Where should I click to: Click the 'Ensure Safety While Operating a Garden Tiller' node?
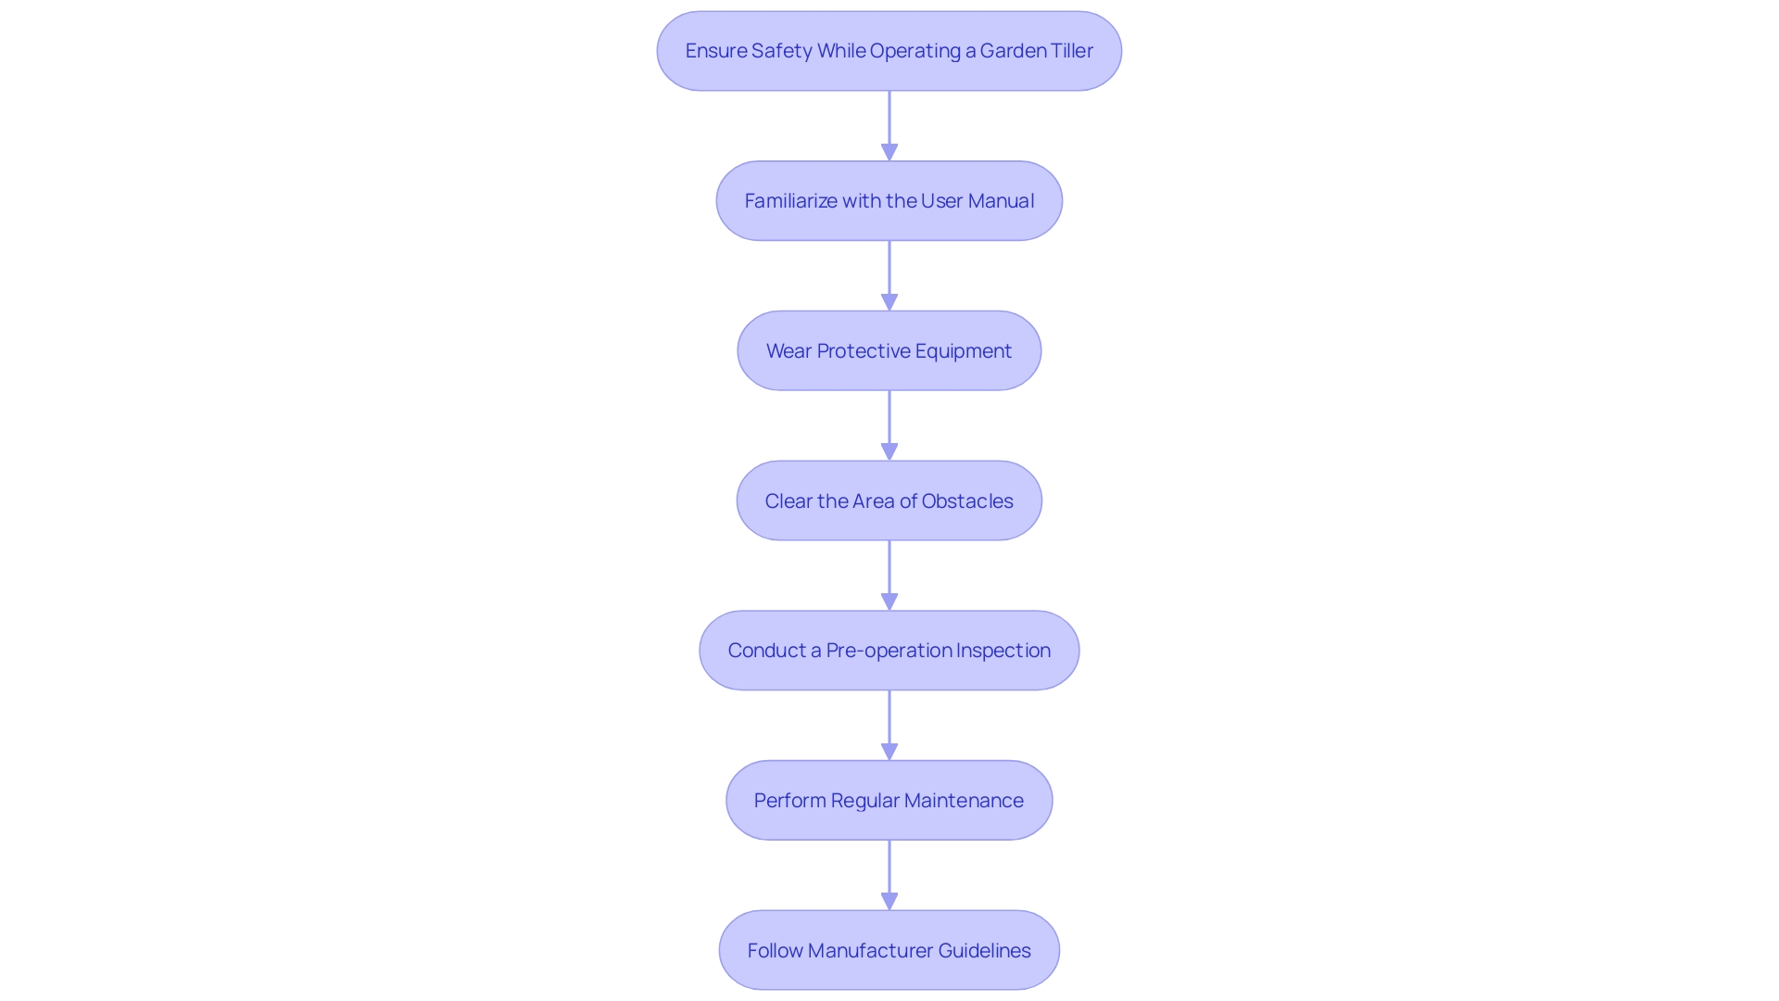pyautogui.click(x=889, y=51)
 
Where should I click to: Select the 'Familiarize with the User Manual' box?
pyautogui.click(x=889, y=201)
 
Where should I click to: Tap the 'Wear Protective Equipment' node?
pyautogui.click(x=889, y=350)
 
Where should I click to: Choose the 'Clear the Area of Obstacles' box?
pyautogui.click(x=889, y=500)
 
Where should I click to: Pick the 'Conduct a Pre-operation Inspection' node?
pyautogui.click(x=889, y=651)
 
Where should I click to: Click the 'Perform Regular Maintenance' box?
pyautogui.click(x=889, y=801)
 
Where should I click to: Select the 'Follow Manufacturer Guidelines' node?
pyautogui.click(x=889, y=950)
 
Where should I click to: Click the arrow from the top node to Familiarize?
pyautogui.click(x=889, y=125)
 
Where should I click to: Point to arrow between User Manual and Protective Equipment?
pyautogui.click(x=889, y=275)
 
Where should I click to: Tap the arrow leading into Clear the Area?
pyautogui.click(x=889, y=425)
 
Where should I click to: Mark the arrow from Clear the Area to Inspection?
pyautogui.click(x=889, y=575)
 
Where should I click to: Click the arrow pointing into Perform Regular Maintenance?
pyautogui.click(x=889, y=725)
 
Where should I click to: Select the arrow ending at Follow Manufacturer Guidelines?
pyautogui.click(x=889, y=875)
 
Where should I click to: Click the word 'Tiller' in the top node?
pyautogui.click(x=1069, y=51)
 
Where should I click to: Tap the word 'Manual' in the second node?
pyautogui.click(x=1001, y=201)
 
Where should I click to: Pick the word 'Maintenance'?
pyautogui.click(x=964, y=801)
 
